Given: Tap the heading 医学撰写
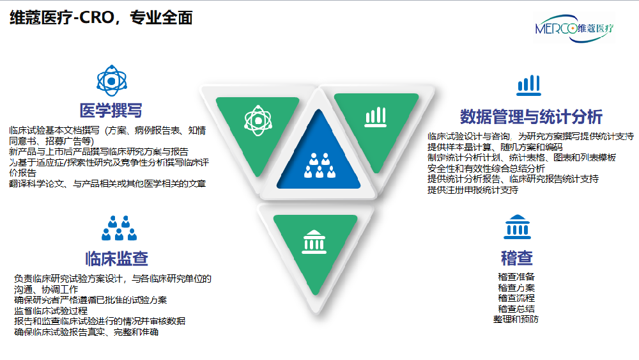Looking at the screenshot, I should pos(111,110).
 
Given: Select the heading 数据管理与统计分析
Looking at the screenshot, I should pos(531,116).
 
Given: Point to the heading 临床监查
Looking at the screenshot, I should pos(117,258).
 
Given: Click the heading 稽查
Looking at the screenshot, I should pos(516,258).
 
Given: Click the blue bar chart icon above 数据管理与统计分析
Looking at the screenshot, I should pos(528,84).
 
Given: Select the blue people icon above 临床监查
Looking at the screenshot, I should pos(118,227).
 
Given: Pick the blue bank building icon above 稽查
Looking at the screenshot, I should pos(516,227).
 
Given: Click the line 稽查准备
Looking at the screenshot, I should pos(516,277).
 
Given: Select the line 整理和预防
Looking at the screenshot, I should pos(516,319).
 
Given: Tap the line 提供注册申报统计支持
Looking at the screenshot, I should pos(473,190).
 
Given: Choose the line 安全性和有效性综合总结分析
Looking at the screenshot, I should pos(486,168).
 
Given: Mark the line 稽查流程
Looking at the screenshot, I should pos(516,298).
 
